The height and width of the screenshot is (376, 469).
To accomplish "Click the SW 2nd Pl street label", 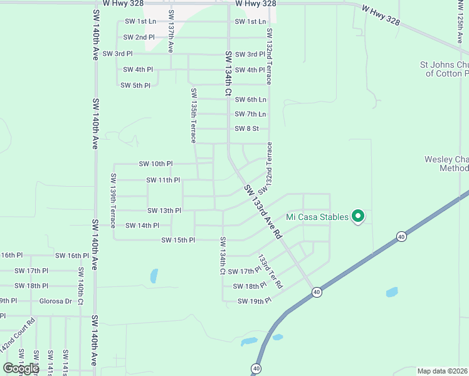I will click(139, 38).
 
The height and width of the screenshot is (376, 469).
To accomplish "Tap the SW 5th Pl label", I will click(135, 85).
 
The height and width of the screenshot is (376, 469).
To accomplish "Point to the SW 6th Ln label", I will click(250, 100).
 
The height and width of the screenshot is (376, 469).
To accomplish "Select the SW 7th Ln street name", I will click(250, 114).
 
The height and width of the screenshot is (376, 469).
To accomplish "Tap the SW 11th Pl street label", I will click(163, 180).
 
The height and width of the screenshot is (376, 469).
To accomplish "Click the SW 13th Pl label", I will click(164, 211).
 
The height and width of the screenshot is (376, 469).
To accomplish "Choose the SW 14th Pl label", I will click(142, 226).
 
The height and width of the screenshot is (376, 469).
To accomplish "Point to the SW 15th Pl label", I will click(178, 240).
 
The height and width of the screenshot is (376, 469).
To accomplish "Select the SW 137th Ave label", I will click(171, 31).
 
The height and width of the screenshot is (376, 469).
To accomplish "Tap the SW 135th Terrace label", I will click(194, 115).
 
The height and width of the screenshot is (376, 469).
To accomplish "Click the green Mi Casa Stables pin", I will click(358, 217).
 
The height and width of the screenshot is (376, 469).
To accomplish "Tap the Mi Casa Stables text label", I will click(317, 217).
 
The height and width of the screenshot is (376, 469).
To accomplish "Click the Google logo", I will click(21, 368).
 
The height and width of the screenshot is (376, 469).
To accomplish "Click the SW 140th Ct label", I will click(81, 286).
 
